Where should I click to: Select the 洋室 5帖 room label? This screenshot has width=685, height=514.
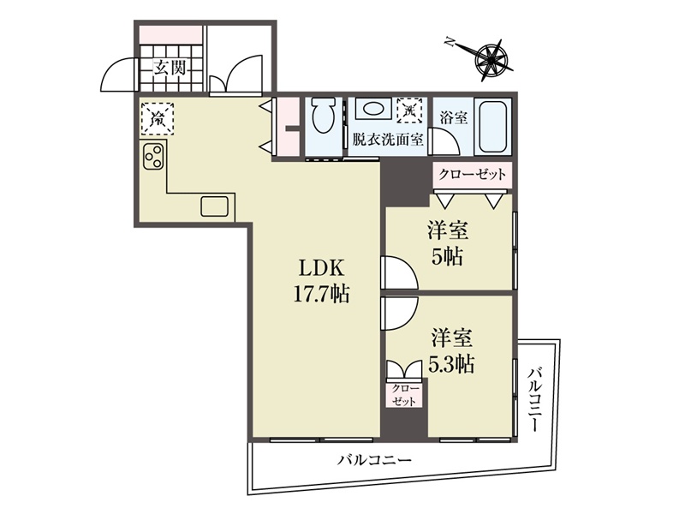447,243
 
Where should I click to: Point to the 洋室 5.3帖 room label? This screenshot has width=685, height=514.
451,350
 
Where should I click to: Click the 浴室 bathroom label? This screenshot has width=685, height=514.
453,117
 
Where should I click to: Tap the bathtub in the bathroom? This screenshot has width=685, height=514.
491,127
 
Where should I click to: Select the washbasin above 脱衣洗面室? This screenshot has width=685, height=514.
371,110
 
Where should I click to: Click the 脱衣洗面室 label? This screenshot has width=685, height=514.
388,140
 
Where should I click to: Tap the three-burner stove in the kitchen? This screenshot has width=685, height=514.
154,157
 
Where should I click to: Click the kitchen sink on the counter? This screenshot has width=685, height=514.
215,206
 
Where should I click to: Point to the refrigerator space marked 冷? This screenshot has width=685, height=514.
158,118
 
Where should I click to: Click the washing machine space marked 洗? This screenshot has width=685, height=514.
410,111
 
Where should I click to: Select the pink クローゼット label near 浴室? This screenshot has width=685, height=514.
473,174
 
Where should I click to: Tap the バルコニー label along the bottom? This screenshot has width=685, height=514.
374,460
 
